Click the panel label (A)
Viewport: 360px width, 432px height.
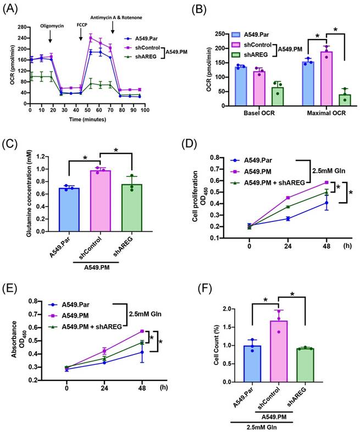pos(12,8)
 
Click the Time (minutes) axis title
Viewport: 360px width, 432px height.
pos(83,118)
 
